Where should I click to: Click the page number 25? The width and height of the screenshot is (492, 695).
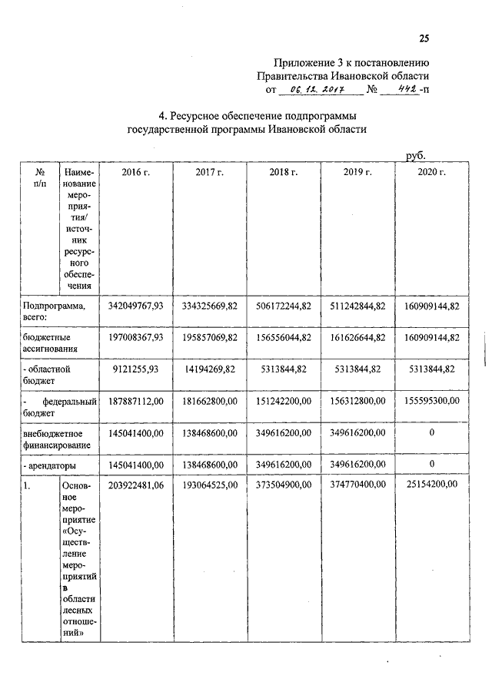pos(424,39)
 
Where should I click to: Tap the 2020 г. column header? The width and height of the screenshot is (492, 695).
pos(431,173)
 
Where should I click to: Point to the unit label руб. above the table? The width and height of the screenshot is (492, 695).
pos(416,156)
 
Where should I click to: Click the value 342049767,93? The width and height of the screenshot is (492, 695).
pos(136,306)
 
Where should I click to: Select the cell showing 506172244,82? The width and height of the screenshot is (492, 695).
pos(283,306)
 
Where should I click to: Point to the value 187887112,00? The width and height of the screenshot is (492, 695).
pos(136,400)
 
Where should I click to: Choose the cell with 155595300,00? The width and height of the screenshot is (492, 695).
pos(431,400)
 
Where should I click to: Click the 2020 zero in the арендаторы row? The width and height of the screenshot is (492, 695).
pos(432,464)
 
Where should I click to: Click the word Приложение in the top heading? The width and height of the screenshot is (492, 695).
pos(301,62)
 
